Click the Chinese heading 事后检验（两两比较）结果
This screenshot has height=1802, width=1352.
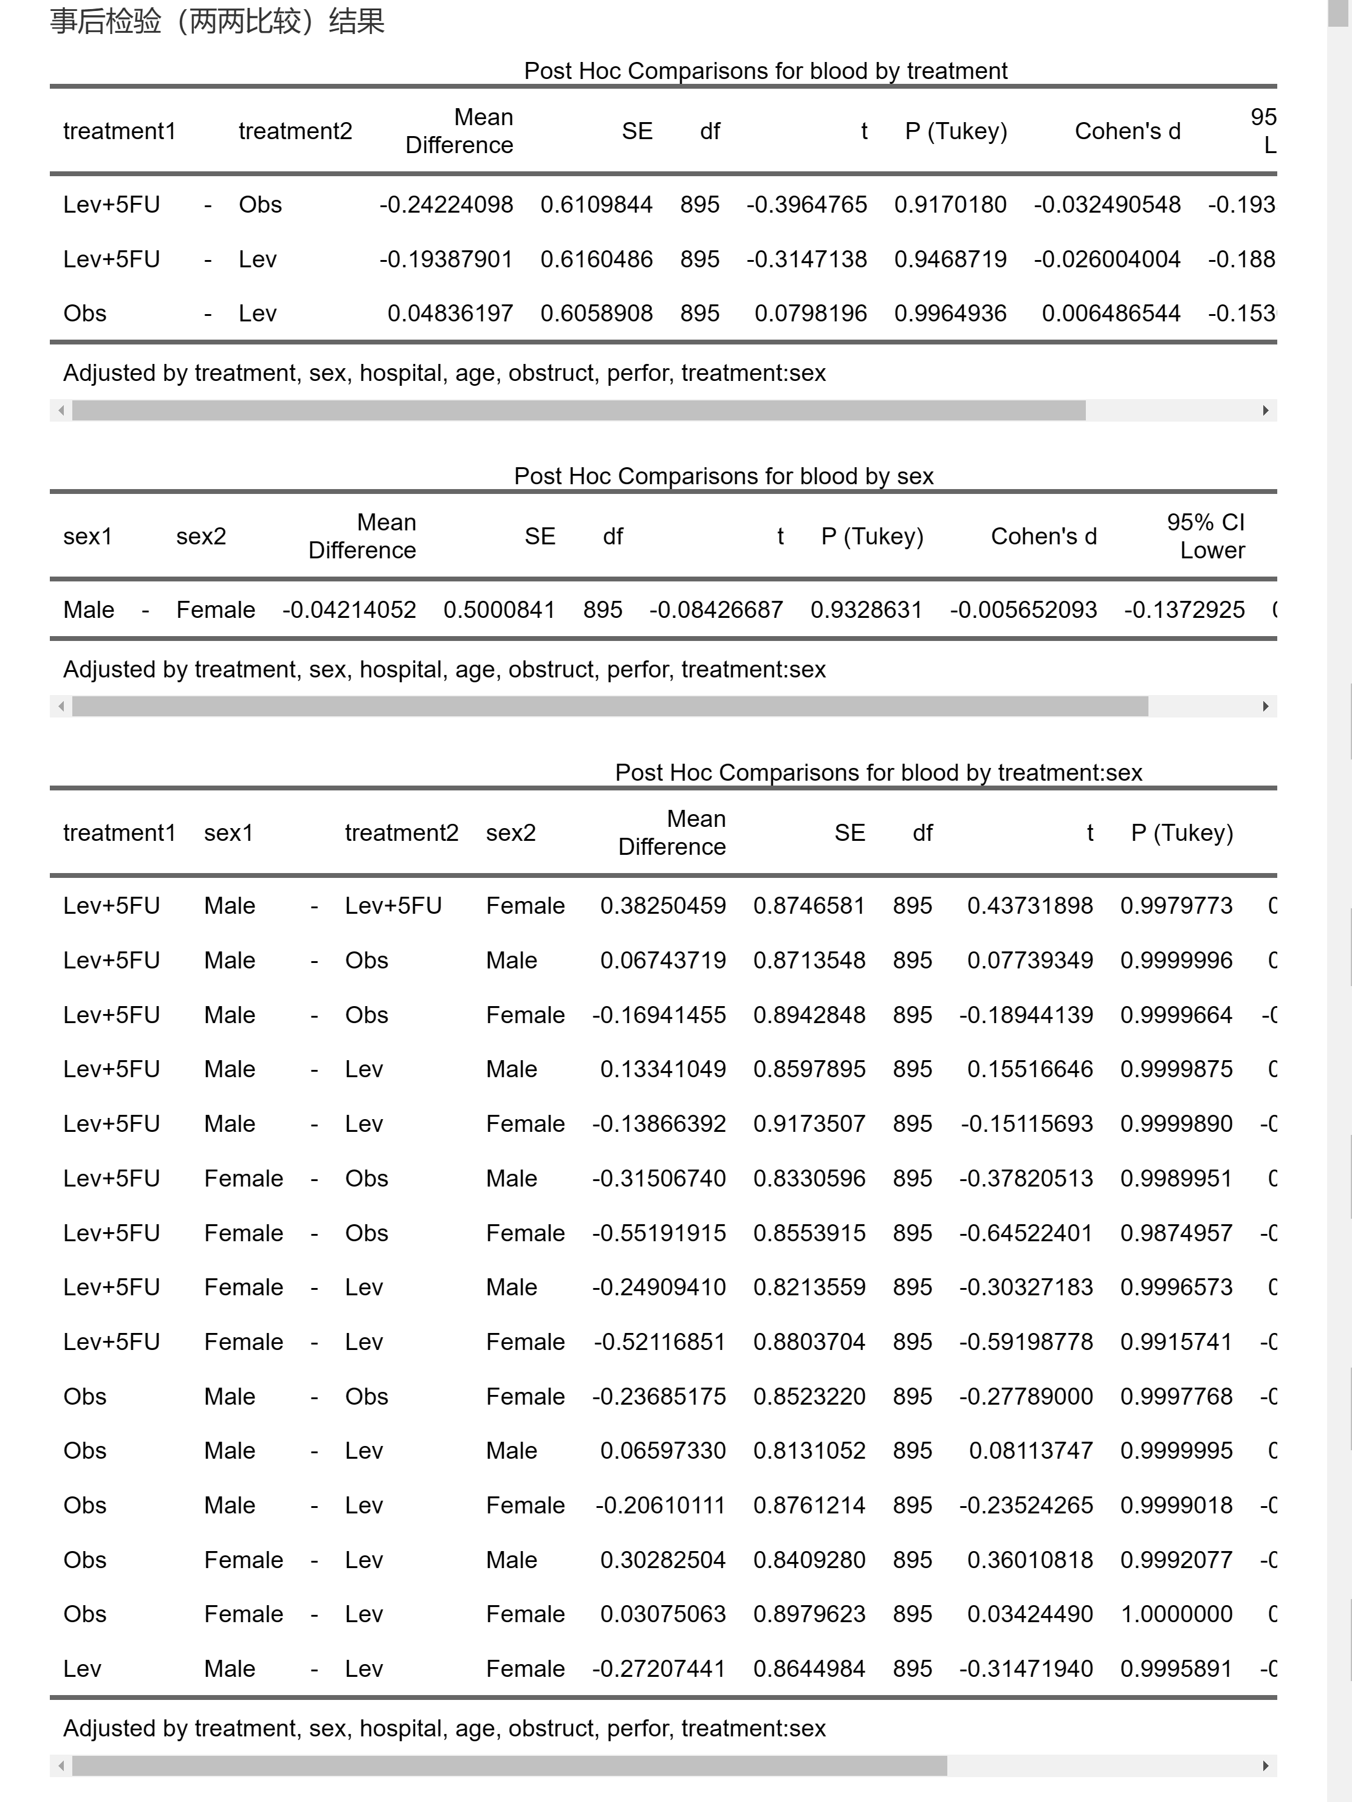217,21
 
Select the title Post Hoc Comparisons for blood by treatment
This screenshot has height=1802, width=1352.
765,71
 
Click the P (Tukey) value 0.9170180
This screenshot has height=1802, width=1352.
950,205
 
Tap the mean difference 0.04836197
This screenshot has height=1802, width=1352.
450,313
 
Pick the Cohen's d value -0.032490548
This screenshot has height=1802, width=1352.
1107,205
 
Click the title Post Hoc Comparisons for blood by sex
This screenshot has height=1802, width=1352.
723,476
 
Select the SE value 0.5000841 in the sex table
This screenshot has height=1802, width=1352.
499,610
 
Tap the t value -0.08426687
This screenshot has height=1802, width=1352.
716,610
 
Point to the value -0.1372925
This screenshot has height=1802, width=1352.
1184,610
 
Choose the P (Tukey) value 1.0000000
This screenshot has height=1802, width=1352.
1176,1614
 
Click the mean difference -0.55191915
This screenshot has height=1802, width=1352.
659,1233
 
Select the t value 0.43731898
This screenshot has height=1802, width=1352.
1029,906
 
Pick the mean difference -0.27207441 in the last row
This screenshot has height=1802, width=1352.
659,1668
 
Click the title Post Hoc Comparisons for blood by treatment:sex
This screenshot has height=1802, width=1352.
879,772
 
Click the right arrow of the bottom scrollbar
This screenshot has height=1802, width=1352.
1264,1766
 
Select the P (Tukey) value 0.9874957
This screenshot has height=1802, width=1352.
1176,1233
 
